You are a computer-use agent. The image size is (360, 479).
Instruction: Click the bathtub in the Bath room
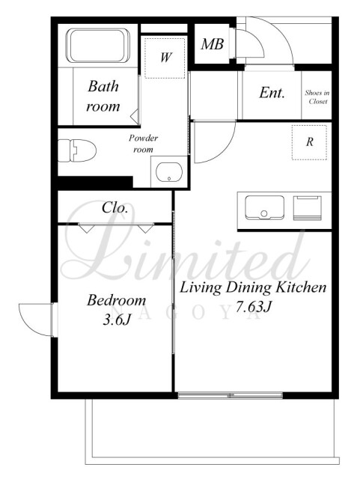coord(98,46)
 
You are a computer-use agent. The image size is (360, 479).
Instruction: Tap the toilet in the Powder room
coord(77,150)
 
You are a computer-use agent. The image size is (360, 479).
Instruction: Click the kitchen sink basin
coord(264,208)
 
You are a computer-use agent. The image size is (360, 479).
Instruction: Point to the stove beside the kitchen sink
coord(308,208)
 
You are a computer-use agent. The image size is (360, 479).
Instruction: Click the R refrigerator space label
coord(310,141)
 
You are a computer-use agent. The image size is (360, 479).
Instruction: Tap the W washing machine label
coord(166,57)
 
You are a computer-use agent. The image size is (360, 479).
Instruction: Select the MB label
coord(212,44)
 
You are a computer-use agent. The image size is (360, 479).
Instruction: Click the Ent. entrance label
coord(272,93)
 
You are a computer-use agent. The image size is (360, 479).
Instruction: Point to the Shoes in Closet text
coord(317,97)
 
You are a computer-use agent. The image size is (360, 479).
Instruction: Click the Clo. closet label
coord(115,208)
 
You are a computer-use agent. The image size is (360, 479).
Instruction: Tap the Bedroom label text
coord(117,300)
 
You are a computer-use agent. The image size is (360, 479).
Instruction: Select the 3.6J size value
coord(117,320)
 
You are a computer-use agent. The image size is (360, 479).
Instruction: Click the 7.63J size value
coord(253,307)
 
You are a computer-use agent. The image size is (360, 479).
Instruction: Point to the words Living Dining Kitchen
coord(253,287)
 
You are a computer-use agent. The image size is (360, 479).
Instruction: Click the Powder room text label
coord(143,144)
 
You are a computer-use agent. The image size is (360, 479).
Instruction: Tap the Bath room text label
coord(103,97)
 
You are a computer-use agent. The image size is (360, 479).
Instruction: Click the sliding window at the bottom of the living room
coord(230,396)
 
